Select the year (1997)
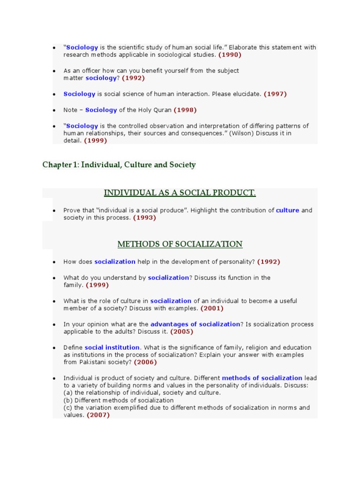point(275,94)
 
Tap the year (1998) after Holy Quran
point(185,110)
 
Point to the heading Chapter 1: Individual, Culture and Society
point(119,165)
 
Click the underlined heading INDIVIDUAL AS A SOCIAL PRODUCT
point(180,193)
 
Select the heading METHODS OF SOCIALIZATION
point(180,244)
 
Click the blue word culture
point(287,210)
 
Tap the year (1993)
point(144,218)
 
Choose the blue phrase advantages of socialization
point(195,324)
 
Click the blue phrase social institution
point(112,348)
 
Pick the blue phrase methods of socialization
point(262,378)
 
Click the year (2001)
point(212,308)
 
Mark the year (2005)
point(181,332)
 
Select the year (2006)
point(145,362)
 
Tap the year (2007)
point(98,415)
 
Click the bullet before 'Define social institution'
point(54,348)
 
